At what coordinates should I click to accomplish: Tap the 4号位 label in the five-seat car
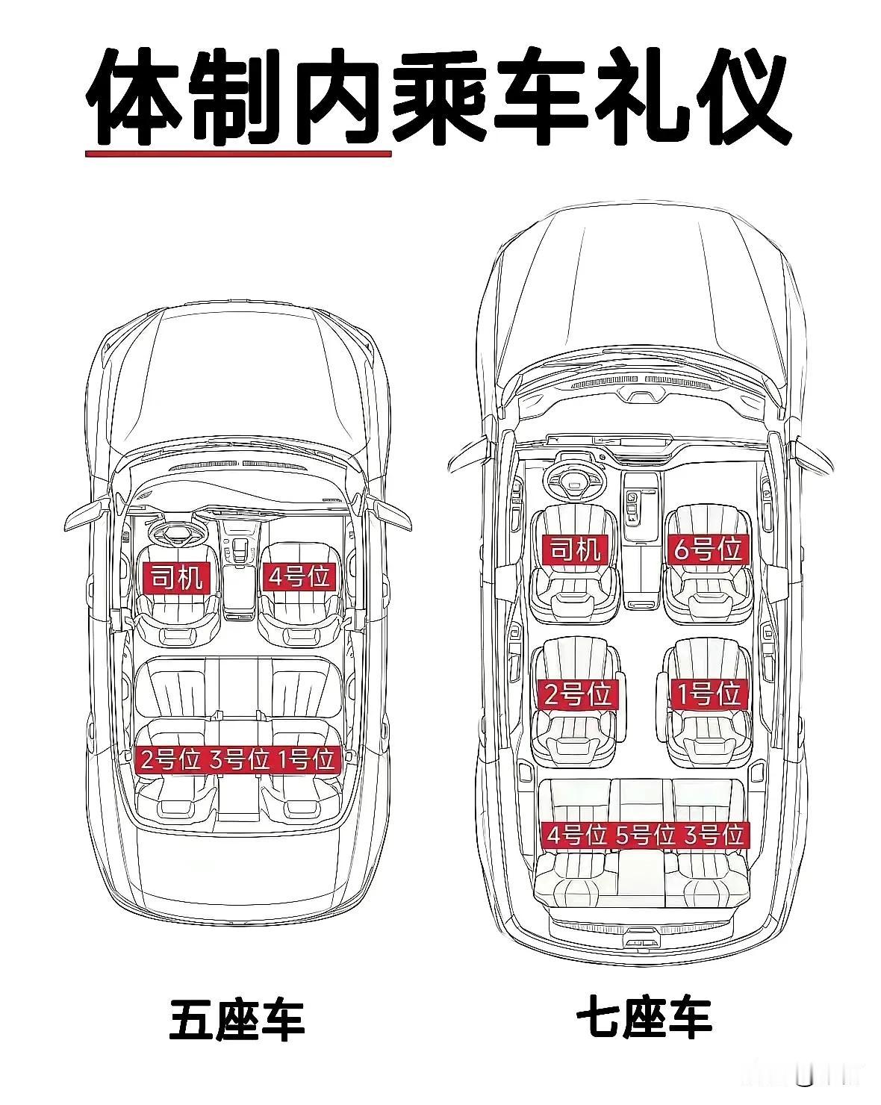(299, 576)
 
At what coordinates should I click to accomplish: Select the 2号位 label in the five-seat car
(170, 759)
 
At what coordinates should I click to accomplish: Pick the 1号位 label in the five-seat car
(307, 759)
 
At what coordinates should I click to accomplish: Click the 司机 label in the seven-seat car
(575, 550)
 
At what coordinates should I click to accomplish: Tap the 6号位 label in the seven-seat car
(708, 550)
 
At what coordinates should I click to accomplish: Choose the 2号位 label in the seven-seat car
(577, 695)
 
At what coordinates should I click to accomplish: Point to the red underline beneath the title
(238, 153)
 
